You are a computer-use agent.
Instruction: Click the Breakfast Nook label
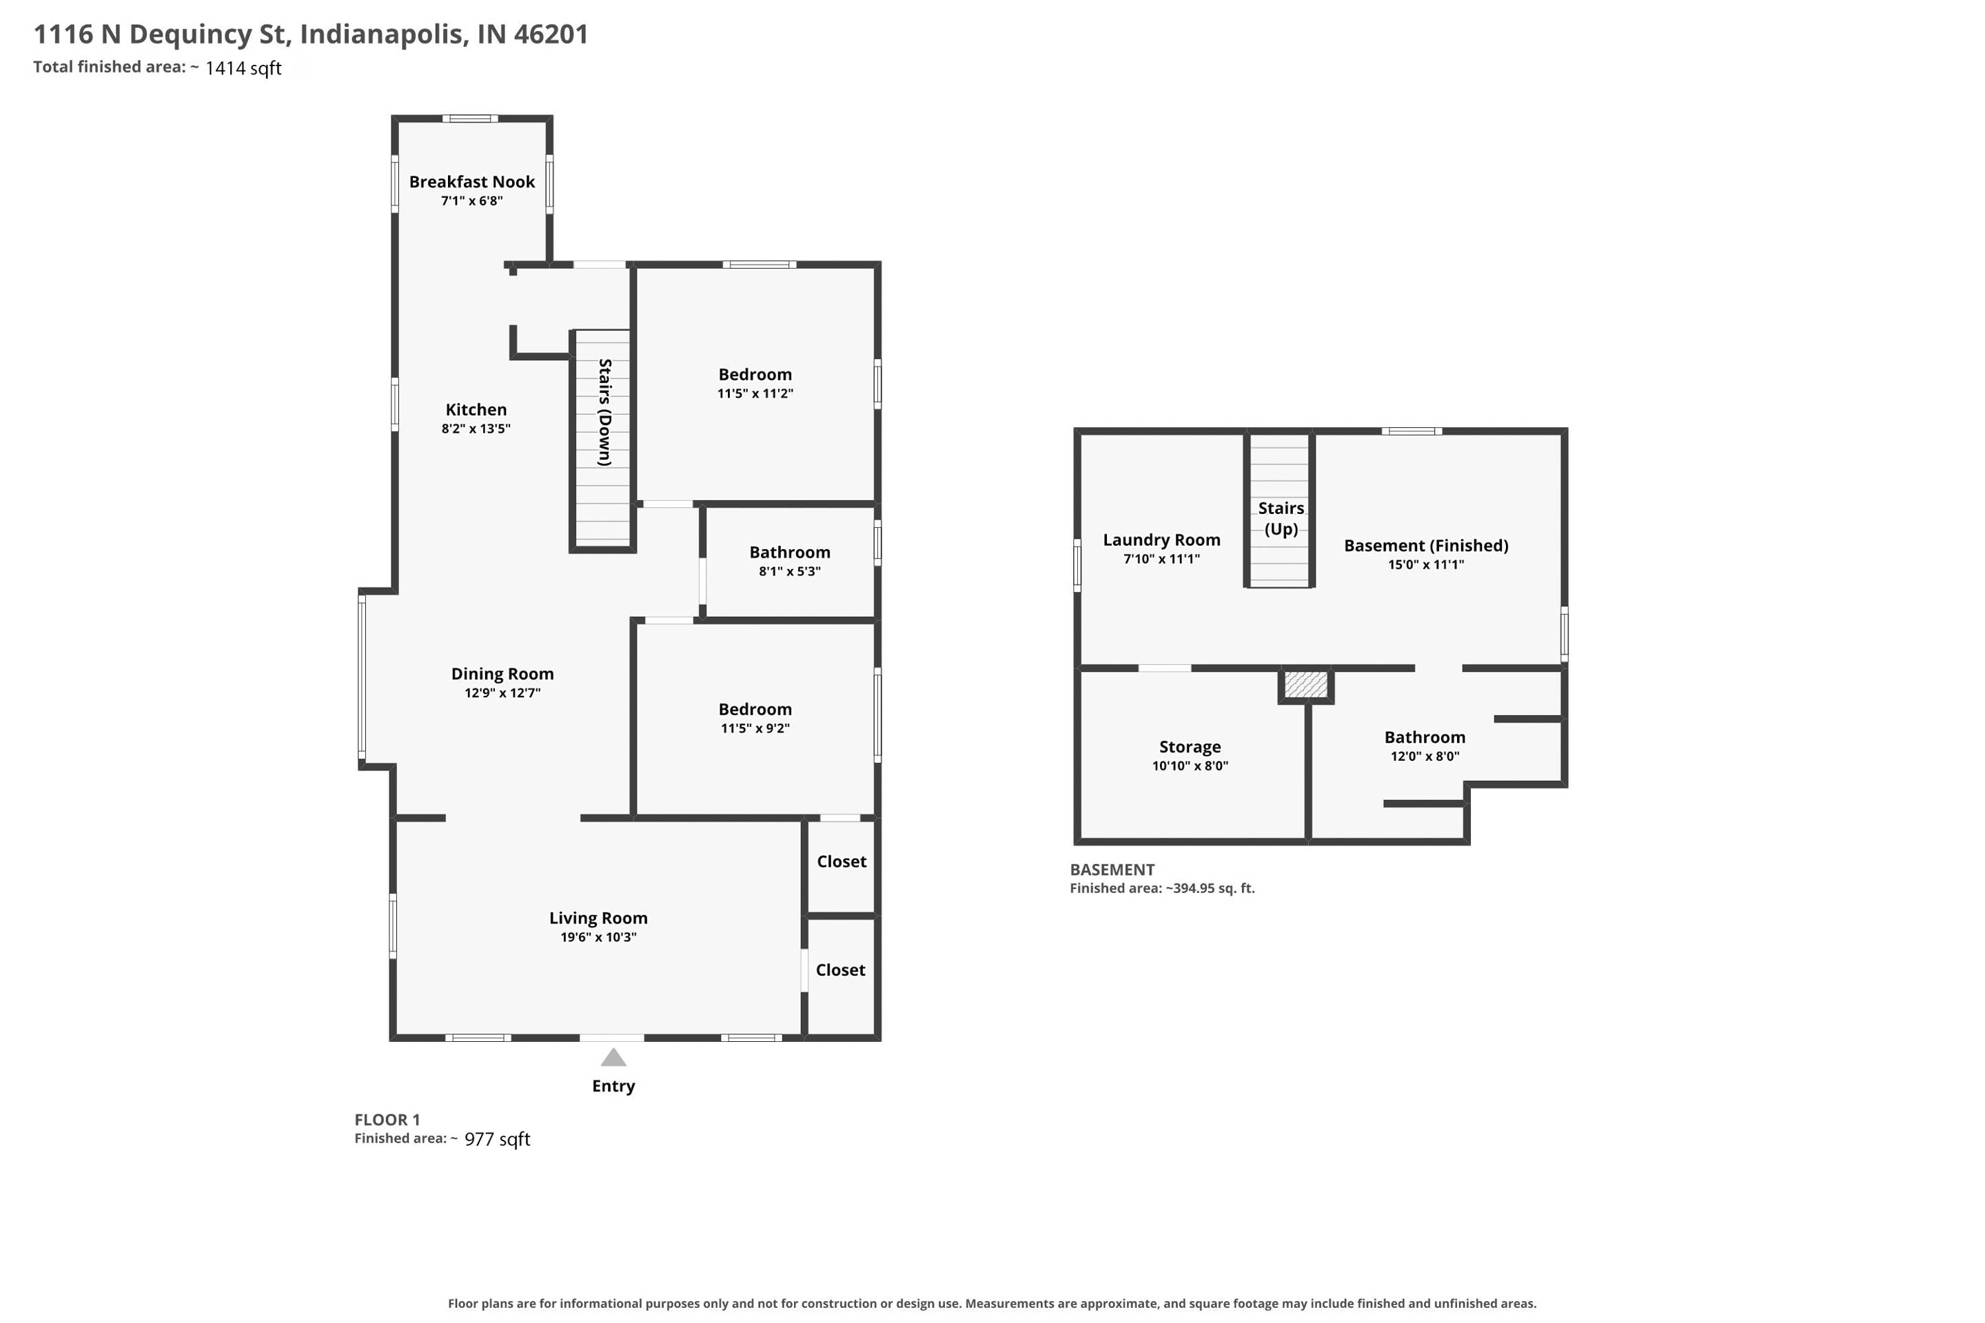(x=471, y=182)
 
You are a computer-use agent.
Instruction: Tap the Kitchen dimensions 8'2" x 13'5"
(x=476, y=429)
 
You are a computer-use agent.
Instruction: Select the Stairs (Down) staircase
(x=602, y=439)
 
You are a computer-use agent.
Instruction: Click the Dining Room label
(x=502, y=674)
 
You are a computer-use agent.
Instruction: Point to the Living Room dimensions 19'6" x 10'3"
(x=598, y=937)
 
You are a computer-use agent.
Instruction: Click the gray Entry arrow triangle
(x=613, y=1057)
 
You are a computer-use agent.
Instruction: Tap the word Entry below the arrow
(x=613, y=1087)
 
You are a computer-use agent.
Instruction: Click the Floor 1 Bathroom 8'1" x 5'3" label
(x=790, y=561)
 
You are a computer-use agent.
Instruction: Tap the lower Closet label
(x=841, y=970)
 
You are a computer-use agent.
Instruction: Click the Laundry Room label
(x=1161, y=540)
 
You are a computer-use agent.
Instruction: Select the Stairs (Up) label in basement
(x=1281, y=519)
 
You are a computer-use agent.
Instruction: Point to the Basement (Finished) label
(x=1426, y=546)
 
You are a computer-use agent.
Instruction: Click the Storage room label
(x=1190, y=748)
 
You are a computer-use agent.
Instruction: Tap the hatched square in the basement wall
(x=1305, y=684)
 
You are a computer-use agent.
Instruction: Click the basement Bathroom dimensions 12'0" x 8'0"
(x=1425, y=757)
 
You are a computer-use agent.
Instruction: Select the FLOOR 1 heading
(x=387, y=1120)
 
